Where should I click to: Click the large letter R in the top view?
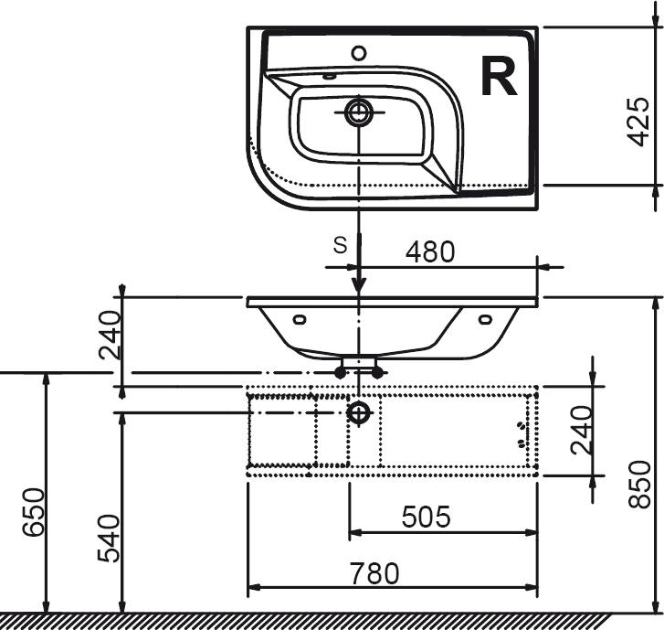tap(499, 77)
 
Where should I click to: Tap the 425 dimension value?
tap(638, 123)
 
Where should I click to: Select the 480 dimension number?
tap(430, 251)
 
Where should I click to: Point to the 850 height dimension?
tap(639, 485)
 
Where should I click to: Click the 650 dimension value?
tap(34, 512)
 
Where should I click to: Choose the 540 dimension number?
tap(109, 539)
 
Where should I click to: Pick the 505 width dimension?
tap(426, 517)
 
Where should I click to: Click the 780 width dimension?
tap(374, 573)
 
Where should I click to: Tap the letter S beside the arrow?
tap(340, 245)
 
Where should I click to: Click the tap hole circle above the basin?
tap(359, 53)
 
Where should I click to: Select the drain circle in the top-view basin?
tap(359, 112)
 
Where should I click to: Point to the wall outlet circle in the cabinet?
tap(359, 412)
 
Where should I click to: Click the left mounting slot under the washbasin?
tap(300, 319)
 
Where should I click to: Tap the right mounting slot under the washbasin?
tap(485, 319)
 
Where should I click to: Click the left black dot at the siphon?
tap(340, 373)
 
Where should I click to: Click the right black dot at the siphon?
tap(377, 373)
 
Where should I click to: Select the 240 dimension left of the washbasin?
tap(110, 335)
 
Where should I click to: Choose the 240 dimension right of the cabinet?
tap(581, 430)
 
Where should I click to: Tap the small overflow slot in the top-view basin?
tap(329, 77)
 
